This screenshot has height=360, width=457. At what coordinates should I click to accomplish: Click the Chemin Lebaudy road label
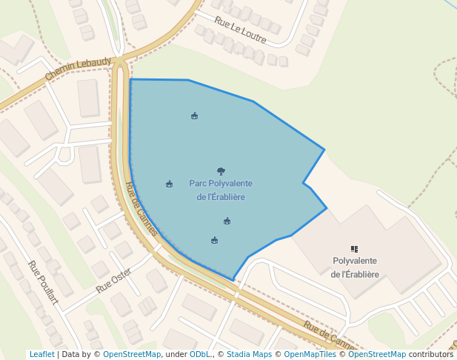pyautogui.click(x=78, y=69)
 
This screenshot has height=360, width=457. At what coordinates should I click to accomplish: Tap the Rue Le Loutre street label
pyautogui.click(x=241, y=29)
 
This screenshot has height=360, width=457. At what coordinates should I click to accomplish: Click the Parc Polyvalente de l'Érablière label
pyautogui.click(x=221, y=190)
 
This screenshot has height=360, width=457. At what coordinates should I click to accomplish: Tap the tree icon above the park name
pyautogui.click(x=221, y=171)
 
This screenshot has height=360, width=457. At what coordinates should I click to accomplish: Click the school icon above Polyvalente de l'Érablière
pyautogui.click(x=355, y=250)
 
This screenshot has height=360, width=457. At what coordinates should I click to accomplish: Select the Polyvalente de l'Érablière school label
pyautogui.click(x=356, y=267)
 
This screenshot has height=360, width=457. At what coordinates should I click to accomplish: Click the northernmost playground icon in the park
pyautogui.click(x=194, y=116)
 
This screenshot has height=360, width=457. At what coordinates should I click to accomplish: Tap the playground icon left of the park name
pyautogui.click(x=170, y=184)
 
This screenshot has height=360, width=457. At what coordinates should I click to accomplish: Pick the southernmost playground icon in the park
pyautogui.click(x=214, y=240)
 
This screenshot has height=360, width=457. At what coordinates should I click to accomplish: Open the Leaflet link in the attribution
pyautogui.click(x=41, y=355)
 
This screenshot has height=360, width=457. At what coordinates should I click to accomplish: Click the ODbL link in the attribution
pyautogui.click(x=200, y=355)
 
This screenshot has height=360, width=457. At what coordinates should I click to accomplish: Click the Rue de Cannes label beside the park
pyautogui.click(x=141, y=210)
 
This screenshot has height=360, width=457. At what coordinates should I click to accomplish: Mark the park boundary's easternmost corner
pyautogui.click(x=327, y=208)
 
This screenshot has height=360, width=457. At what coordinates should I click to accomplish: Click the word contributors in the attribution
pyautogui.click(x=431, y=355)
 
